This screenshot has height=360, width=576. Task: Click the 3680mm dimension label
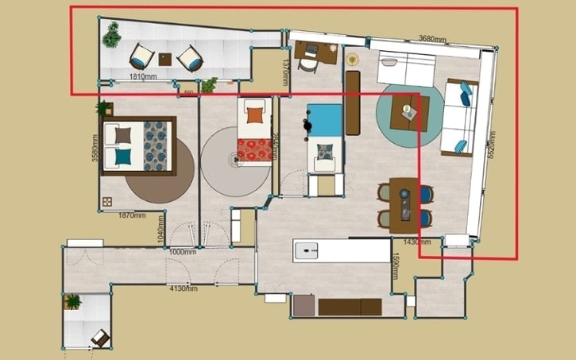[432, 38]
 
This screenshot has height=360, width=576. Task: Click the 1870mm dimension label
[131, 215]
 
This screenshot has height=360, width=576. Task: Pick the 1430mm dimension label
[418, 241]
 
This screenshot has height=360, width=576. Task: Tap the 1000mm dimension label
[183, 252]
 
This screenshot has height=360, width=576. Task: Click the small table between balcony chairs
[165, 58]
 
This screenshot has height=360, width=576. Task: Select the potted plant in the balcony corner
[111, 33]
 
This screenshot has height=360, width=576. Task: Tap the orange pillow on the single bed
[254, 115]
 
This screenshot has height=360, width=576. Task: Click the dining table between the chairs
[404, 204]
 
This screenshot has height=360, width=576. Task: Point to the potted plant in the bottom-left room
[73, 302]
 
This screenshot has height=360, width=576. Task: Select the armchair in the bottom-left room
[100, 338]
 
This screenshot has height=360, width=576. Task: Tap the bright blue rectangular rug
[325, 121]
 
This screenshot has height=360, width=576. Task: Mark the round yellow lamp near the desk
[352, 59]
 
